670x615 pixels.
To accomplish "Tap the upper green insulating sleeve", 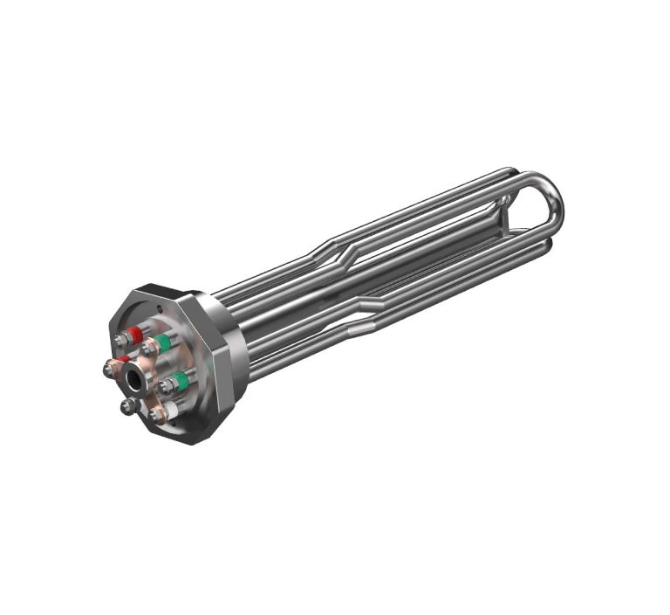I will click(162, 343).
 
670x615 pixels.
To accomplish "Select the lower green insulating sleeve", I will click(181, 380).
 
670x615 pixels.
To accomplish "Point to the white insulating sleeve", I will click(171, 409).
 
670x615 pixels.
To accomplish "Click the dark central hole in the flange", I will click(136, 379).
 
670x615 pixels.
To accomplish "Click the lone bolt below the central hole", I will click(128, 406).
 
